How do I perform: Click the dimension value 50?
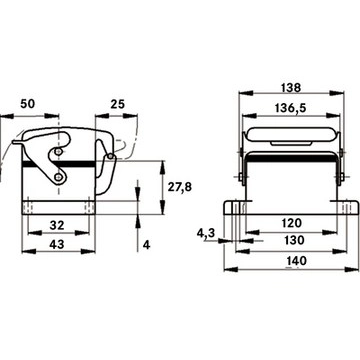pyautogui.click(x=27, y=104)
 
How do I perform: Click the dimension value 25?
pyautogui.click(x=117, y=104)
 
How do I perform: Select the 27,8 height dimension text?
pyautogui.click(x=180, y=187)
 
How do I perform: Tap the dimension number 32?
pyautogui.click(x=57, y=225)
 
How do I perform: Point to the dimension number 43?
pyautogui.click(x=57, y=244)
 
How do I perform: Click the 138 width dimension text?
pyautogui.click(x=291, y=87)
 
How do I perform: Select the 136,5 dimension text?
pyautogui.click(x=291, y=108)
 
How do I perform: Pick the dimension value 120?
pyautogui.click(x=291, y=222)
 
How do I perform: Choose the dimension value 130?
pyautogui.click(x=295, y=240)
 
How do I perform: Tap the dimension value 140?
pyautogui.click(x=296, y=260)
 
